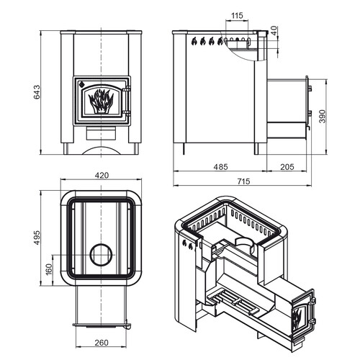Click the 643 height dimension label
coord(37,92)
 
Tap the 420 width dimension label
coord(102,176)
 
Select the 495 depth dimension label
coord(37,238)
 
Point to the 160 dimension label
coord(48,269)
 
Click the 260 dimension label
coord(102,343)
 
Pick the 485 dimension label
coord(220,167)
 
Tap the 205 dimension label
coord(287,167)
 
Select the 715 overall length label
coord(243,181)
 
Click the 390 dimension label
coord(323,116)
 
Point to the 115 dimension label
coord(237,16)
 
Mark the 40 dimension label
coord(274,31)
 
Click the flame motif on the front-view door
coord(101,101)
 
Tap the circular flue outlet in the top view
coord(101,255)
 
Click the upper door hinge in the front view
coord(127,89)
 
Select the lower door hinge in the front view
coord(127,113)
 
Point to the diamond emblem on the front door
coord(81,84)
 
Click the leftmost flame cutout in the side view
coord(194,41)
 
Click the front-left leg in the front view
coord(66,149)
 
